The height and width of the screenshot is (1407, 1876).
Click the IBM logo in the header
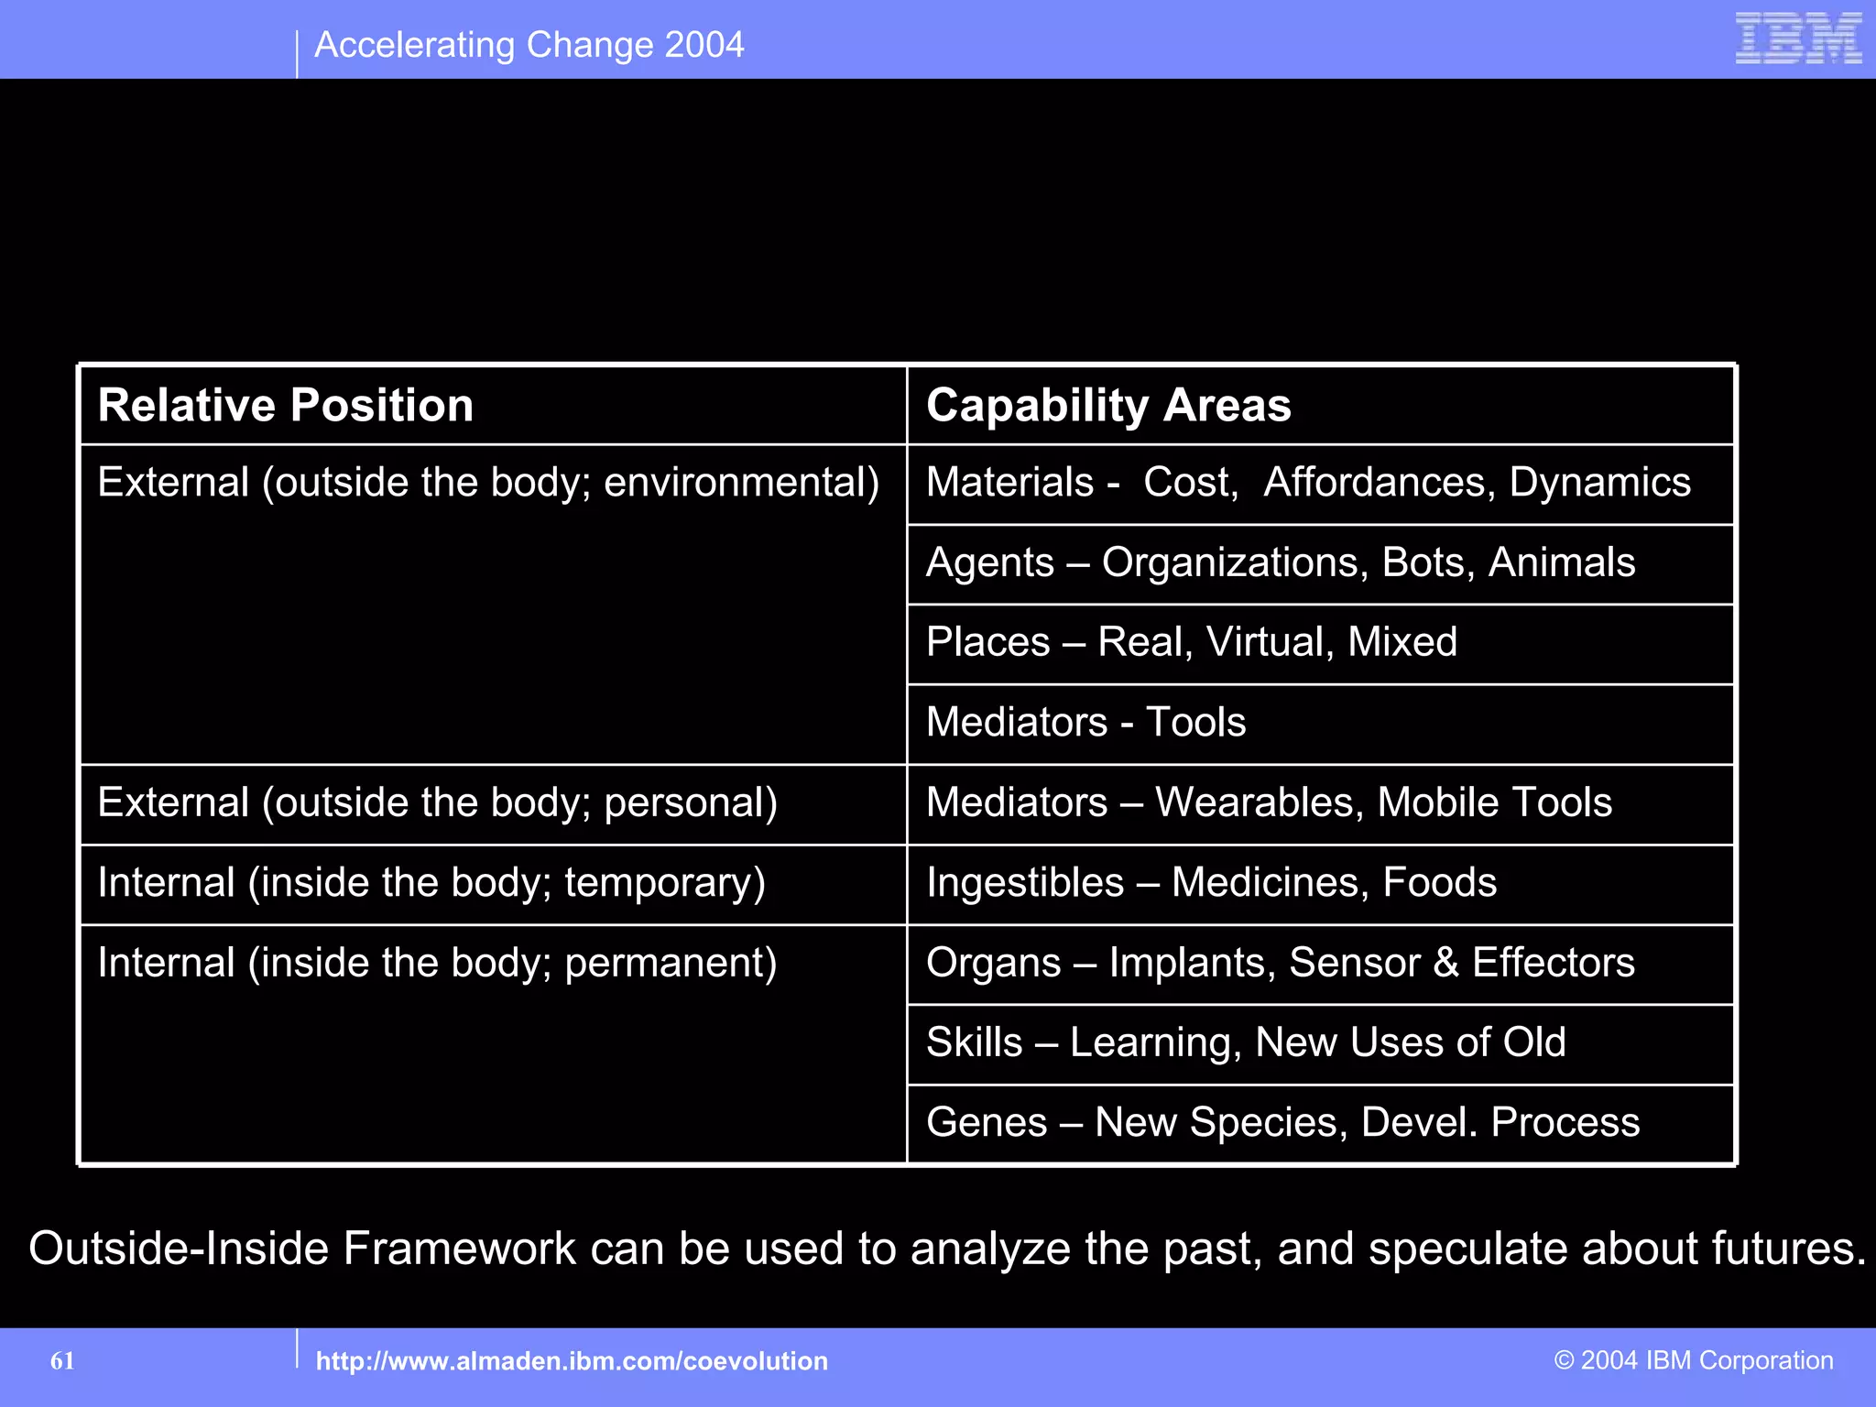pyautogui.click(x=1798, y=38)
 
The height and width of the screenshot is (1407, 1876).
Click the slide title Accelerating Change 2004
pyautogui.click(x=529, y=45)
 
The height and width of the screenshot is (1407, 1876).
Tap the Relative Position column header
pyautogui.click(x=286, y=405)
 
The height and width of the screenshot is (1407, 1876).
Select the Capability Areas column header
pyautogui.click(x=1108, y=405)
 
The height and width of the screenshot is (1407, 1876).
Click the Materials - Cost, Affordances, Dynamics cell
pyautogui.click(x=1308, y=483)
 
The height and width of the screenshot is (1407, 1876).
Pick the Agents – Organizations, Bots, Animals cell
pyautogui.click(x=1281, y=562)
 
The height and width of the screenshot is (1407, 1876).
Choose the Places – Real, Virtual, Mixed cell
pyautogui.click(x=1191, y=642)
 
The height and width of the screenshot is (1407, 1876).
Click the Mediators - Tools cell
pyautogui.click(x=1085, y=722)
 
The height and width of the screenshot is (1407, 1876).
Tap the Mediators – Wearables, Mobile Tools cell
pyautogui.click(x=1269, y=802)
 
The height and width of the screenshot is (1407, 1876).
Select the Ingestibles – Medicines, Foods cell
pyautogui.click(x=1211, y=883)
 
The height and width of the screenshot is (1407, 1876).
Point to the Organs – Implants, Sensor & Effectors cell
pyautogui.click(x=1280, y=963)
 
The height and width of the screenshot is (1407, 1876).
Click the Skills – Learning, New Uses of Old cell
pyautogui.click(x=1246, y=1042)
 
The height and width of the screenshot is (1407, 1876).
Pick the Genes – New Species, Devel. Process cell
pyautogui.click(x=1282, y=1122)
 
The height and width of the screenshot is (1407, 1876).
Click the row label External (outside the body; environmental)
pyautogui.click(x=488, y=483)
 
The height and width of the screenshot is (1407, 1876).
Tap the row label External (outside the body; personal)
pyautogui.click(x=437, y=802)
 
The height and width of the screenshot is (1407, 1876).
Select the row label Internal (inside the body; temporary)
pyautogui.click(x=431, y=883)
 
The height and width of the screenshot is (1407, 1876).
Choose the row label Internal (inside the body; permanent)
pyautogui.click(x=437, y=963)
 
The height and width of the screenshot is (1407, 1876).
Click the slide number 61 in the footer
pyautogui.click(x=62, y=1361)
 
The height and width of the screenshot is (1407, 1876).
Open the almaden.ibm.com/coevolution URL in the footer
pyautogui.click(x=572, y=1361)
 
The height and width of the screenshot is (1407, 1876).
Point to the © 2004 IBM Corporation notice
pyautogui.click(x=1694, y=1360)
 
